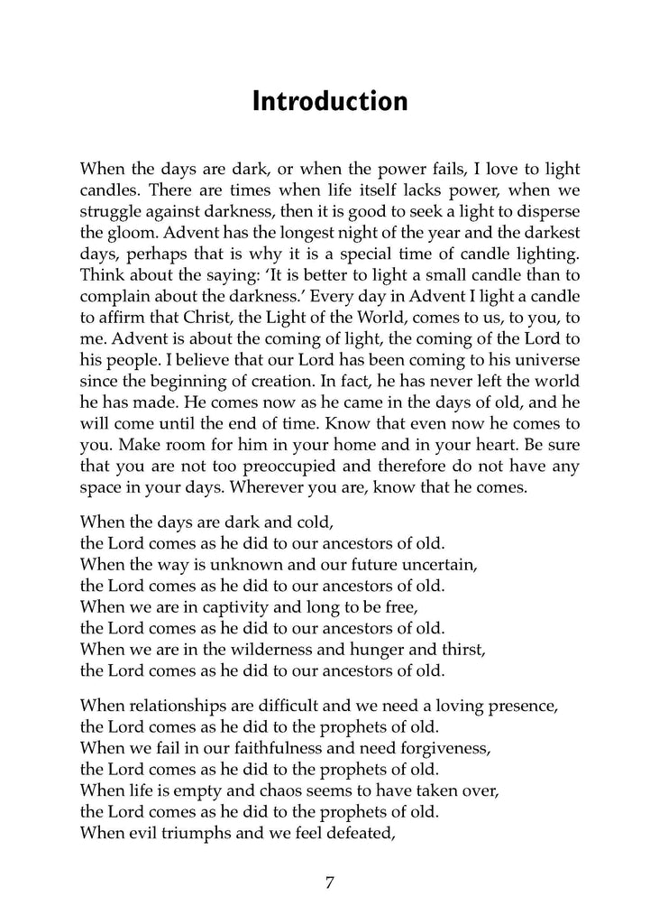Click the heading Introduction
pyautogui.click(x=329, y=101)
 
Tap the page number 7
pyautogui.click(x=330, y=882)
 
